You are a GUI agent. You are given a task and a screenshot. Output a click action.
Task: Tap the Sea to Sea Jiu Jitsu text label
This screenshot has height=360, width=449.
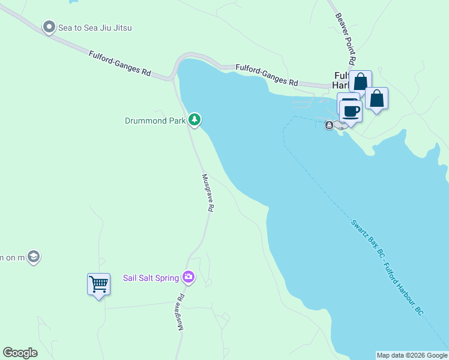tap(95, 28)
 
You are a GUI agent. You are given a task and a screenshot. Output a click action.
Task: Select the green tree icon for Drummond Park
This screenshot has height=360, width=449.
tap(194, 120)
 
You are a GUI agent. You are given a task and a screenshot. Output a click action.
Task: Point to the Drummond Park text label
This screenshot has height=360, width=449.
tap(154, 121)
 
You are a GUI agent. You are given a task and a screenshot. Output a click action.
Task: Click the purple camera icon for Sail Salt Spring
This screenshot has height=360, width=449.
tap(189, 277)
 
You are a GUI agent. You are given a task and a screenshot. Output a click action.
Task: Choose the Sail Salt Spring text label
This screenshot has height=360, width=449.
tap(151, 278)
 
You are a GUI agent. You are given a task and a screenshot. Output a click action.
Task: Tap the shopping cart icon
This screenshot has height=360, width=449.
tap(98, 284)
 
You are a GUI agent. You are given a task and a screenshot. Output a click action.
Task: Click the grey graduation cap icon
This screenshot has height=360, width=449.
tap(34, 257)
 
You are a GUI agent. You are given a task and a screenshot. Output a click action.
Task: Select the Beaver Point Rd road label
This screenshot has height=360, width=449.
tap(346, 39)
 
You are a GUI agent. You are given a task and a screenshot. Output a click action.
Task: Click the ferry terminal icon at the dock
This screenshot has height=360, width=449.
tap(329, 125)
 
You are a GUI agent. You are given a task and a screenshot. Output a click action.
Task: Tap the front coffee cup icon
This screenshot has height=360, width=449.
tap(351, 110)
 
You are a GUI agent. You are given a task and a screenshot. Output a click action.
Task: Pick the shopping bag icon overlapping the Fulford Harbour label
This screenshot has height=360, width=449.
tap(360, 82)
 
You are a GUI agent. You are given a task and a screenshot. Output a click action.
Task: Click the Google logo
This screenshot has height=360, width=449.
tap(20, 353)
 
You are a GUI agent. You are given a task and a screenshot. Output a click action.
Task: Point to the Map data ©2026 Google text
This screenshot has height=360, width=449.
tap(412, 355)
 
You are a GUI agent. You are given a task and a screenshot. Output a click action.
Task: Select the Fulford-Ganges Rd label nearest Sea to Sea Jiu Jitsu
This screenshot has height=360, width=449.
tap(119, 63)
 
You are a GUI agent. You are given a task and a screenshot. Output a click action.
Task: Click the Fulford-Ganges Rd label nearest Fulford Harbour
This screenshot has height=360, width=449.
tap(267, 74)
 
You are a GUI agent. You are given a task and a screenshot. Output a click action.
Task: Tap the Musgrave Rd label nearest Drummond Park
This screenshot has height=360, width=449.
tap(208, 193)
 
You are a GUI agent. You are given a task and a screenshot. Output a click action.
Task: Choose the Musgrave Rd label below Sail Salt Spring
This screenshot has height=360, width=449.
tap(181, 311)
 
